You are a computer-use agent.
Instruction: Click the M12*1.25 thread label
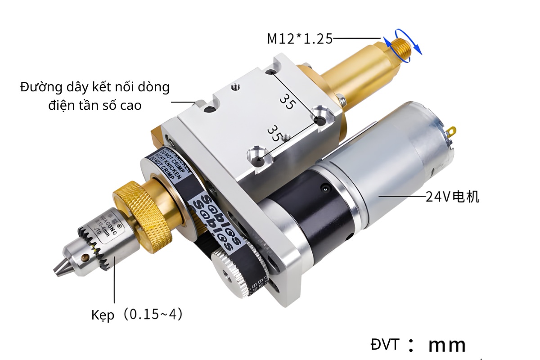[300, 39]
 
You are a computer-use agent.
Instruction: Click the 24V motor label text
[452, 197]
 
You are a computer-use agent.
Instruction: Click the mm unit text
[447, 345]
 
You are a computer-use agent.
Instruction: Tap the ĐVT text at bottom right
[384, 345]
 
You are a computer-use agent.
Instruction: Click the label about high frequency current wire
[95, 95]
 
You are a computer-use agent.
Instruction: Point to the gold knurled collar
[142, 207]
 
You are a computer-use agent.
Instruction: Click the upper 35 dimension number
[287, 100]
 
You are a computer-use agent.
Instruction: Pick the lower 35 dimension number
[274, 134]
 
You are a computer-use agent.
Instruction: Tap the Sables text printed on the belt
[216, 220]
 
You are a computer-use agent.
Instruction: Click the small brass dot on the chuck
[85, 258]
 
